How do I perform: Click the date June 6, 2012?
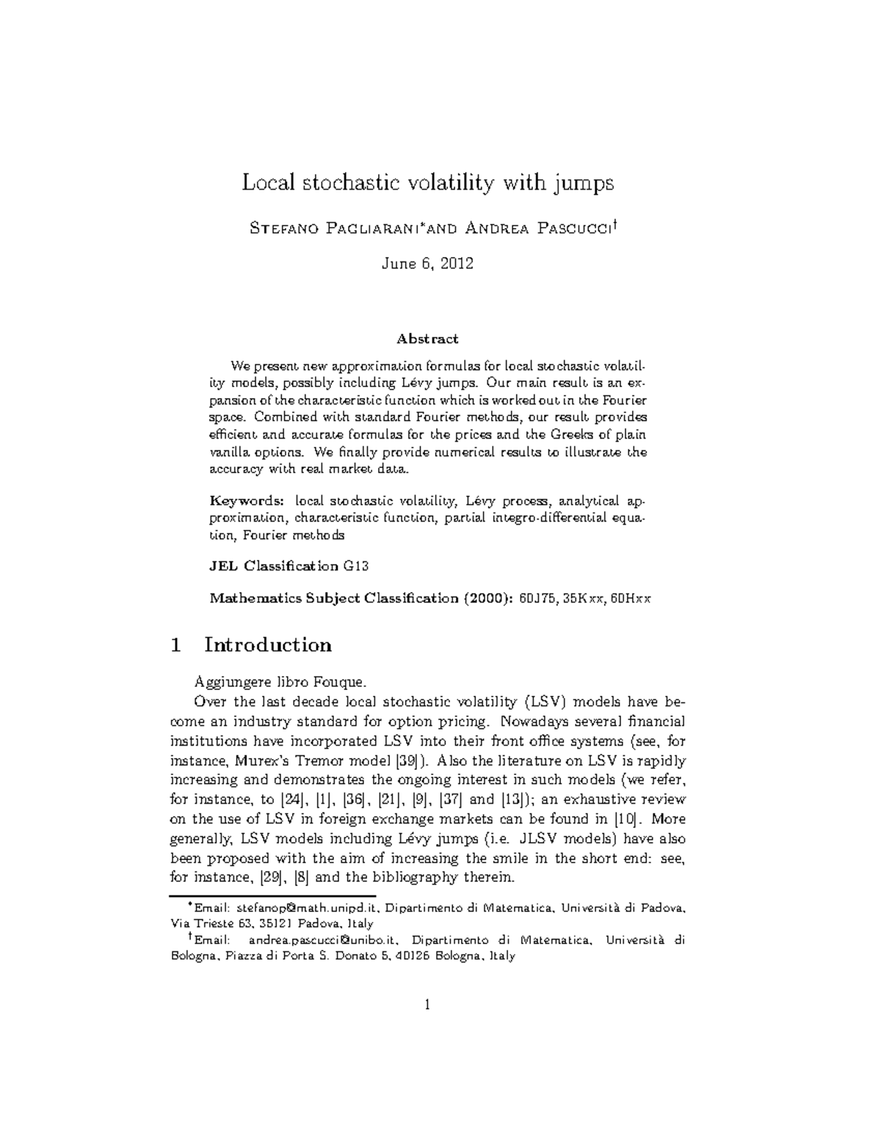click(427, 264)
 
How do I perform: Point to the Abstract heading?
click(427, 339)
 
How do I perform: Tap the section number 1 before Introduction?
click(175, 645)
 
